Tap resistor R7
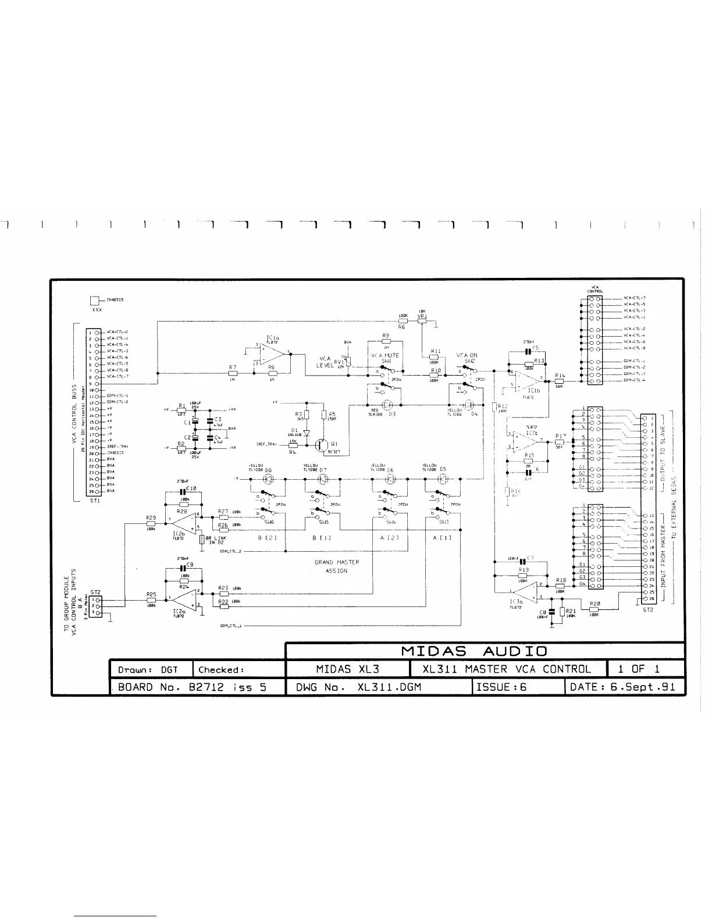click(233, 374)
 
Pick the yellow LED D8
click(268, 479)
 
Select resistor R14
click(560, 381)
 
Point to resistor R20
click(594, 609)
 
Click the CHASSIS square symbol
click(95, 301)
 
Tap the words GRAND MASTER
click(337, 562)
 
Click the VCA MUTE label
click(385, 355)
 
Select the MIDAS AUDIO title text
click(483, 651)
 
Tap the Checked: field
click(221, 669)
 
